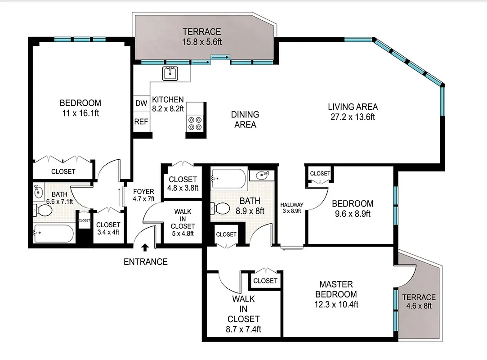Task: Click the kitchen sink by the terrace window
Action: point(170,73)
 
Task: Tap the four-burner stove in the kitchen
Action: point(195,123)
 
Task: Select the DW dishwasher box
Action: point(141,103)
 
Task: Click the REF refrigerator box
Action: point(141,121)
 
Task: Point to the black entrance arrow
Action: point(145,247)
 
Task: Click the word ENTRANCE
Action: point(145,261)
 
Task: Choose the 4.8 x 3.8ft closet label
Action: point(182,184)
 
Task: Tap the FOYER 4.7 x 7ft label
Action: point(143,195)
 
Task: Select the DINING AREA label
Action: point(245,119)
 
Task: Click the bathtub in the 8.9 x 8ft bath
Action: point(229,179)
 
